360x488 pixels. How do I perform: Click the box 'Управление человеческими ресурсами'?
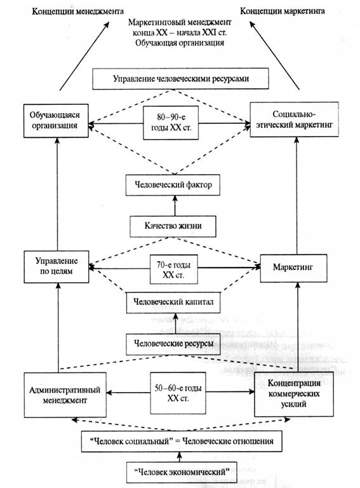(x=180, y=79)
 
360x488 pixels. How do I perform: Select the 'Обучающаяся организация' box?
(x=56, y=121)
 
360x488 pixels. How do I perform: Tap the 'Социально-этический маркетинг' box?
(x=295, y=119)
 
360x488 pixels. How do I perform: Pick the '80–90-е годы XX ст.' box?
(x=171, y=123)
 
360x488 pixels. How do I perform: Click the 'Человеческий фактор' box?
(x=173, y=185)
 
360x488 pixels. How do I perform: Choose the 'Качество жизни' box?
(x=173, y=226)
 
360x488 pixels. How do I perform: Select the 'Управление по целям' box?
(x=57, y=267)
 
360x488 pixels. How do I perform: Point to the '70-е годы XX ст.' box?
(x=174, y=269)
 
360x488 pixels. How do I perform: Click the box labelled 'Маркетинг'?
(x=293, y=268)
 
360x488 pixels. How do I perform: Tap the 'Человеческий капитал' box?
(x=173, y=302)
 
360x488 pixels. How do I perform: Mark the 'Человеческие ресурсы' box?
(x=173, y=344)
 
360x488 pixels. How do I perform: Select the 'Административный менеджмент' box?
(x=65, y=395)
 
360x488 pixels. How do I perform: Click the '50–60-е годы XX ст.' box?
(x=178, y=393)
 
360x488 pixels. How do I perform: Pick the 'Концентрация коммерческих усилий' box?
(x=294, y=394)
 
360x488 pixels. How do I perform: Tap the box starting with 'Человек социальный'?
(x=182, y=442)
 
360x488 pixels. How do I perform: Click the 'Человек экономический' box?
(x=182, y=472)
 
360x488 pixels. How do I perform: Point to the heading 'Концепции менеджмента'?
(x=77, y=11)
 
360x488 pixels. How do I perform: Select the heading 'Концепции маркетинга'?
(x=283, y=11)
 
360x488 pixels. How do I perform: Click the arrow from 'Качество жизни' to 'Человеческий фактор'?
(x=175, y=206)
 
